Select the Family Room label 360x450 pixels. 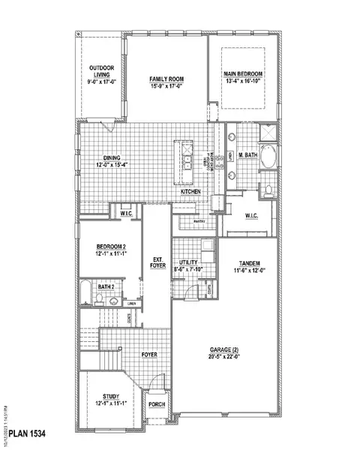[166, 79]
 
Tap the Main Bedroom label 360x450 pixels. [244, 73]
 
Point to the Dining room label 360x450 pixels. [107, 158]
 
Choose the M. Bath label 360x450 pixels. [247, 155]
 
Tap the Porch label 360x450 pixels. [157, 405]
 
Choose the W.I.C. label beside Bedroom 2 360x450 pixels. [125, 213]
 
